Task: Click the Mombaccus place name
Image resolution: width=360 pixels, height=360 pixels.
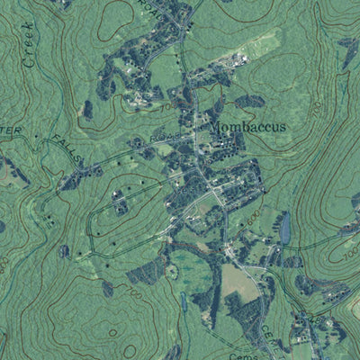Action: point(248,128)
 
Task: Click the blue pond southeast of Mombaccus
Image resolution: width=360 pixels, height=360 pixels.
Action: point(285,229)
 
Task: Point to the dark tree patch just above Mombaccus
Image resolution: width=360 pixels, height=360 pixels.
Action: point(249,101)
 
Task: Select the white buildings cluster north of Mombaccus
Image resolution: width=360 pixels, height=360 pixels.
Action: point(236,61)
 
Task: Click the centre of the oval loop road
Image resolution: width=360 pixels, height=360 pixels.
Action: point(126,216)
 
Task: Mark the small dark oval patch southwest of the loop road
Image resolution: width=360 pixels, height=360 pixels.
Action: point(65,250)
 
